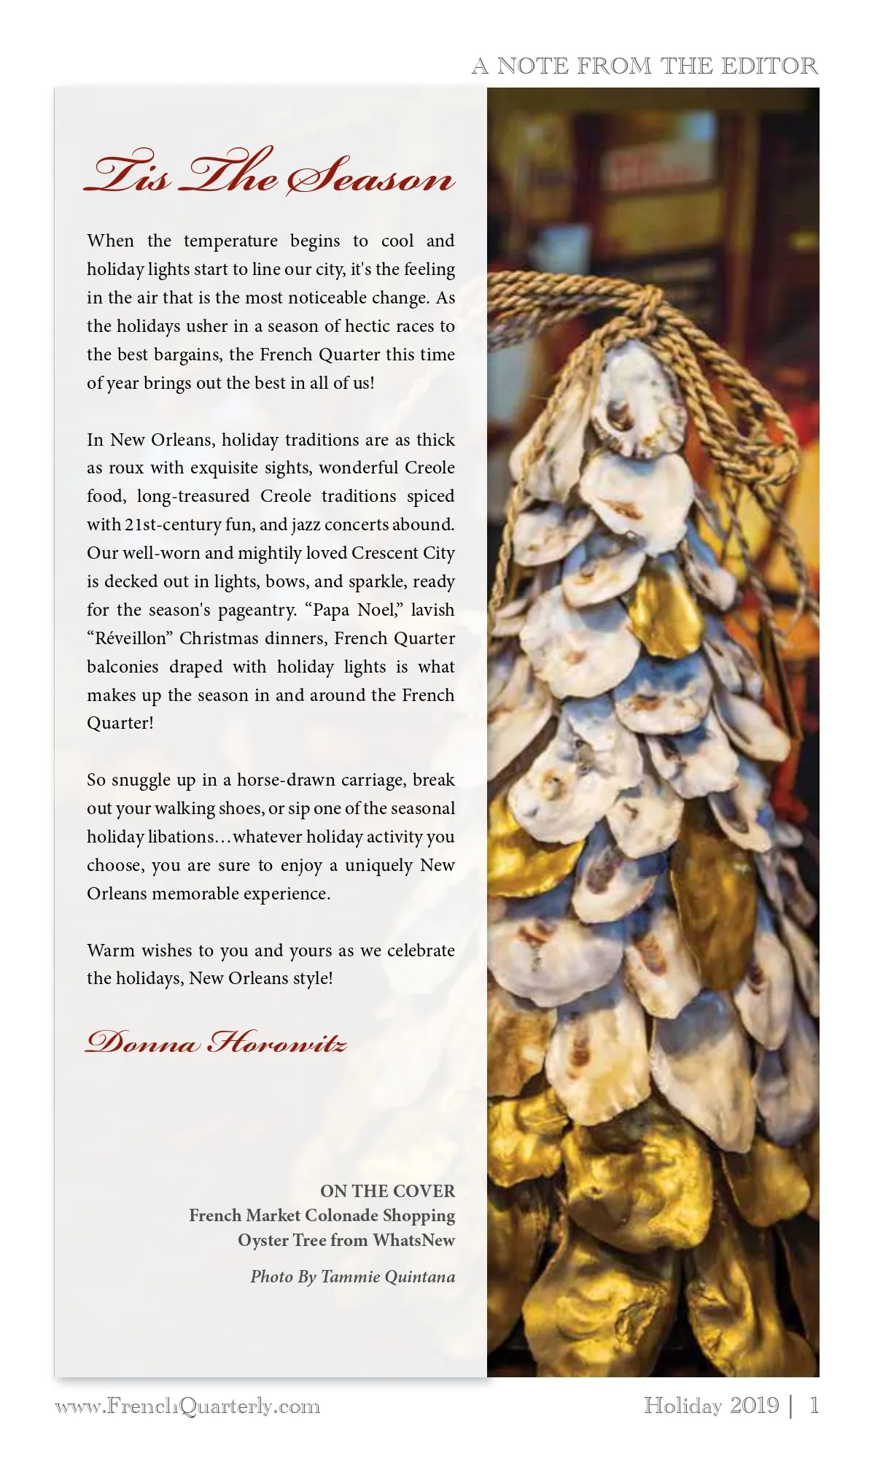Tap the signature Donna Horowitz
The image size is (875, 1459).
216,1042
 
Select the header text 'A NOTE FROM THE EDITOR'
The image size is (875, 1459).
645,66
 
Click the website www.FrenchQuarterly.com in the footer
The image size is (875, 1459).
187,1406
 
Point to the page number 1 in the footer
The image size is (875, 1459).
814,1405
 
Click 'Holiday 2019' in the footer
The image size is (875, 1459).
711,1405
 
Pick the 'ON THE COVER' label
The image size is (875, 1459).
387,1191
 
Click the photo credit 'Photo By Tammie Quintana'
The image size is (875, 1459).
352,1277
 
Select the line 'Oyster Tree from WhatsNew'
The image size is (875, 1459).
346,1240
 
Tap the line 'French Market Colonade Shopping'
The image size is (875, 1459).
322,1215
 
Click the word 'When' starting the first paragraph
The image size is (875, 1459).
110,241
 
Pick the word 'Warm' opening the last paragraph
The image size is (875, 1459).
109,951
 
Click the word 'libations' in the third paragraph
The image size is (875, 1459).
182,837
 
